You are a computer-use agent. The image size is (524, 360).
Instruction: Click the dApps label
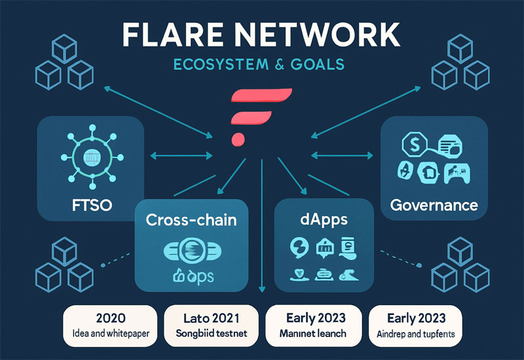pyautogui.click(x=316, y=220)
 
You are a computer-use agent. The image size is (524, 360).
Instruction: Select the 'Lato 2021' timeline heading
pyautogui.click(x=214, y=319)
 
